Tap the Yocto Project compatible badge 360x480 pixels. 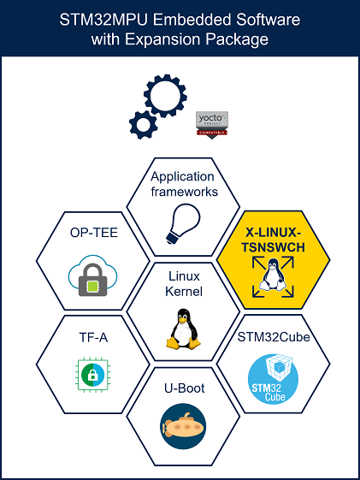coord(212,125)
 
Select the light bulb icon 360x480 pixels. coord(183,223)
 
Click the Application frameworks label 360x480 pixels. coord(185,184)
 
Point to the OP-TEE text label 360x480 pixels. coord(94,233)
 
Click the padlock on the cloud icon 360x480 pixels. coord(92,280)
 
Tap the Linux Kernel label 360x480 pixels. coord(184,284)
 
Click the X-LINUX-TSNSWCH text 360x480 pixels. coord(273,240)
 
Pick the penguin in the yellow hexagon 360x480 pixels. coord(273,275)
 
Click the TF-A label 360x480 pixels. coord(93,337)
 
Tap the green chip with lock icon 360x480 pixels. coord(92,375)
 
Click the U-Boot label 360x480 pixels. coord(185,388)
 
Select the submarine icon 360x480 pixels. coord(183,426)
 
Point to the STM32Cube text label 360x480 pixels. coord(274,337)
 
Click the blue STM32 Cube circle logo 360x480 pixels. coord(273,379)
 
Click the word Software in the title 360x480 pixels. coord(268,20)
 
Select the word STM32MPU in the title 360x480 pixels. coord(103,20)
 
